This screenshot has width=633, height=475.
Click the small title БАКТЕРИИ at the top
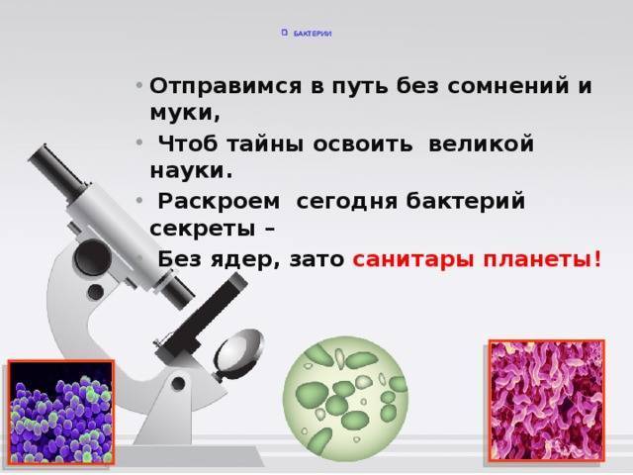click(x=312, y=34)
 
